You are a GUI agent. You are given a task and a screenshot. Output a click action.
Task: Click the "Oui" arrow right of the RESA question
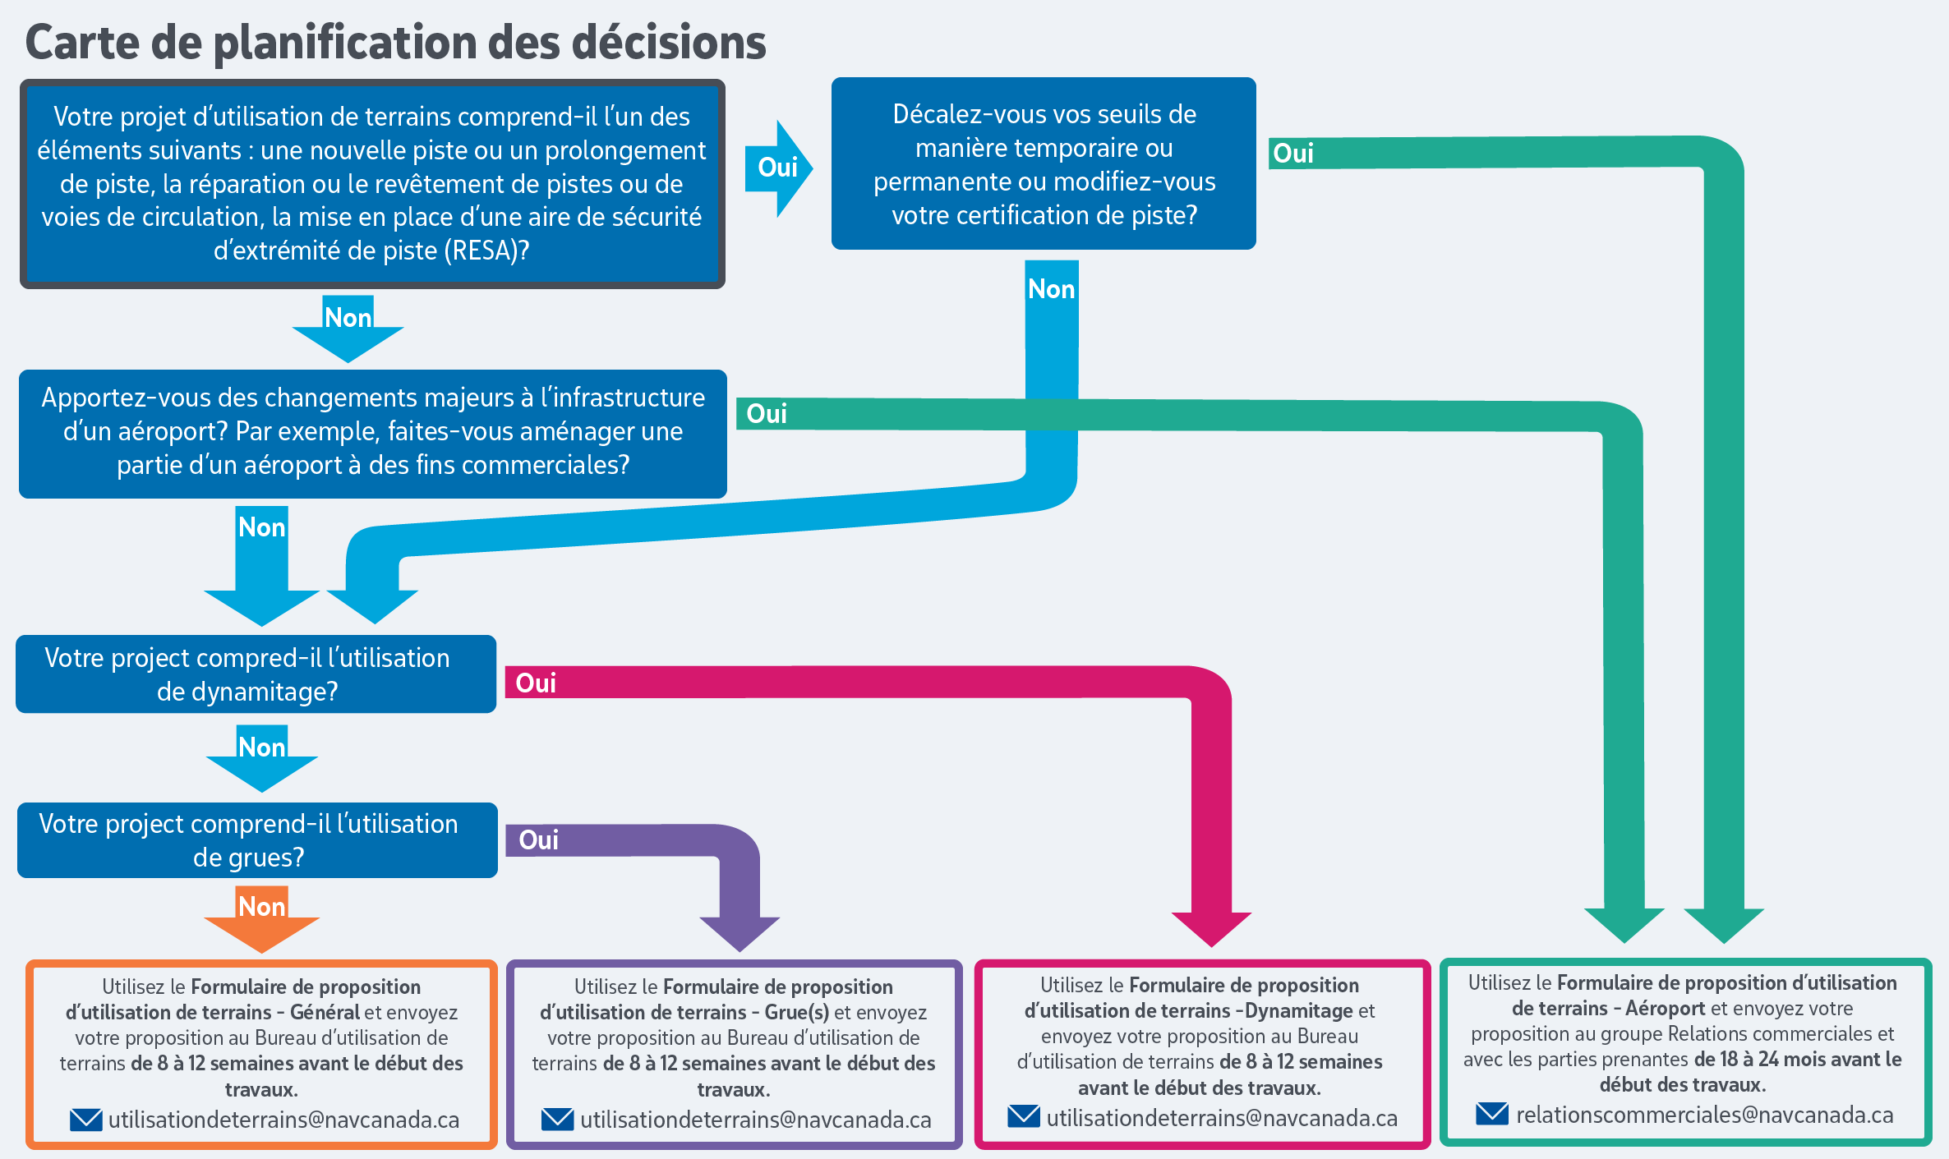777,168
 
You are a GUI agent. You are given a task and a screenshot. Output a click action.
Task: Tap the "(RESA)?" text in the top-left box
486,251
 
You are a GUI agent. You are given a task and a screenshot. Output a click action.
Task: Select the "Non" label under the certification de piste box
1051,289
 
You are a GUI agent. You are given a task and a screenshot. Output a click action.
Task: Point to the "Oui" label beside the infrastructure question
766,414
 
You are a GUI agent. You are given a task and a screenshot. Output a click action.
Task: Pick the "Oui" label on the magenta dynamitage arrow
535,683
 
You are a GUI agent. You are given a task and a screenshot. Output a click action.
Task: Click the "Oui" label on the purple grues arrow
538,840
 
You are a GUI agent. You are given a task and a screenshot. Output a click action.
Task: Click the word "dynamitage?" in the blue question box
247,692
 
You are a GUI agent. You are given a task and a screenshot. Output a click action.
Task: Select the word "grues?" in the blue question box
248,858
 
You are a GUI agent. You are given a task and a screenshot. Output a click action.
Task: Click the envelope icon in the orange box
85,1120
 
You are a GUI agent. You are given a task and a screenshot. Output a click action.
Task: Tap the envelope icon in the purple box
557,1120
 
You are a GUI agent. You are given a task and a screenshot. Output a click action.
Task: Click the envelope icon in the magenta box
1024,1117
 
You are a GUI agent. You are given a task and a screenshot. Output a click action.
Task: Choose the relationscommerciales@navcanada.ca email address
1704,1115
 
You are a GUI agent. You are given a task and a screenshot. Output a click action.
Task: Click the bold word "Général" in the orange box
325,1012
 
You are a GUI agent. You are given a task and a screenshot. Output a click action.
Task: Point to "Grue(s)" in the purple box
796,1012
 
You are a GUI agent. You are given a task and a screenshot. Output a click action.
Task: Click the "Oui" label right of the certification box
1292,154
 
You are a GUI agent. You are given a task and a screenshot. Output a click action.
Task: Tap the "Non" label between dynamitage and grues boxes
261,747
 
